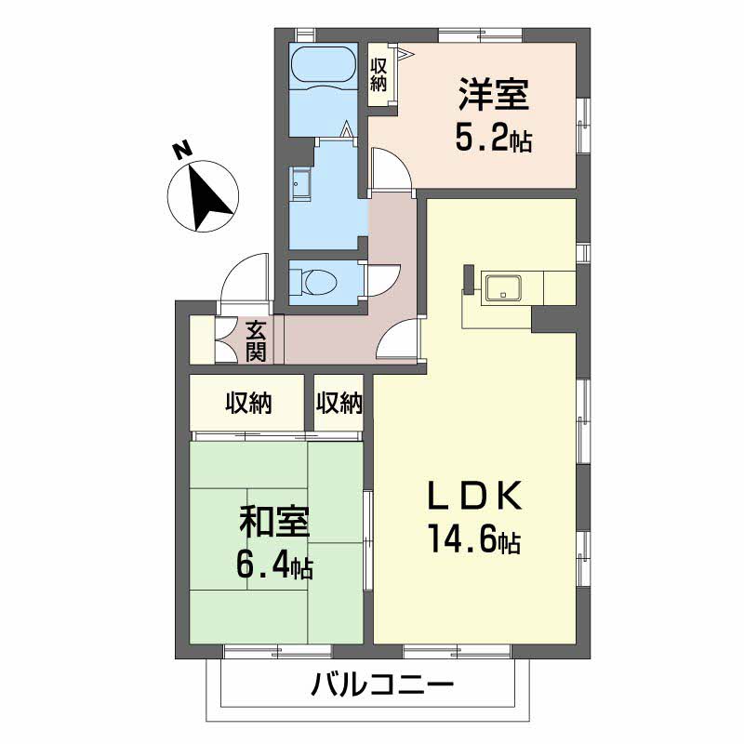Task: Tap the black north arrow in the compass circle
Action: (x=207, y=195)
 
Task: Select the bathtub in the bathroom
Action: (x=322, y=66)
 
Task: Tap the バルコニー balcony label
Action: (x=381, y=688)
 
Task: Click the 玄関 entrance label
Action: (x=258, y=340)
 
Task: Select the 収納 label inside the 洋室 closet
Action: (x=379, y=75)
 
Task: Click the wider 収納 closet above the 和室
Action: (x=247, y=403)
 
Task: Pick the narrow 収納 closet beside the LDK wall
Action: (x=339, y=403)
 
